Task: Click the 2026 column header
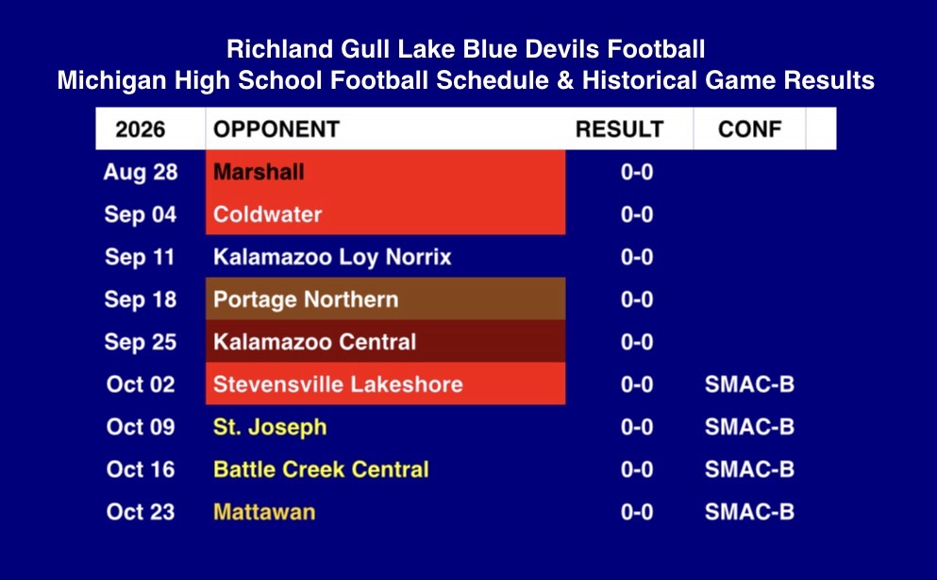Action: pyautogui.click(x=141, y=129)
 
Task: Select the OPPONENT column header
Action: pyautogui.click(x=276, y=129)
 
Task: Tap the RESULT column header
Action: pyautogui.click(x=619, y=129)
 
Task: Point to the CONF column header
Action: pyautogui.click(x=749, y=129)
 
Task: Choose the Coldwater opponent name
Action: pyautogui.click(x=268, y=214)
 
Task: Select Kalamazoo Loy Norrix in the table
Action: pyautogui.click(x=332, y=257)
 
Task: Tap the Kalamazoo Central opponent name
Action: pyautogui.click(x=315, y=342)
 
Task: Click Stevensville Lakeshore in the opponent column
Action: pyautogui.click(x=338, y=384)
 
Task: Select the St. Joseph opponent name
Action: pyautogui.click(x=270, y=427)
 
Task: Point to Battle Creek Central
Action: pyautogui.click(x=322, y=469)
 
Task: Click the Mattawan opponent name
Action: pyautogui.click(x=264, y=512)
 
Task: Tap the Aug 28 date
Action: pyautogui.click(x=141, y=172)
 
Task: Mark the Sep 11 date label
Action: pyautogui.click(x=140, y=257)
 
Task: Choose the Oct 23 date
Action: pyautogui.click(x=141, y=512)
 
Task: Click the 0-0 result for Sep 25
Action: pyautogui.click(x=636, y=342)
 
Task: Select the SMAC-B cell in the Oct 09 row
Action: pyautogui.click(x=749, y=427)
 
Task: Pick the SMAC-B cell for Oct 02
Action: pyautogui.click(x=749, y=384)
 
